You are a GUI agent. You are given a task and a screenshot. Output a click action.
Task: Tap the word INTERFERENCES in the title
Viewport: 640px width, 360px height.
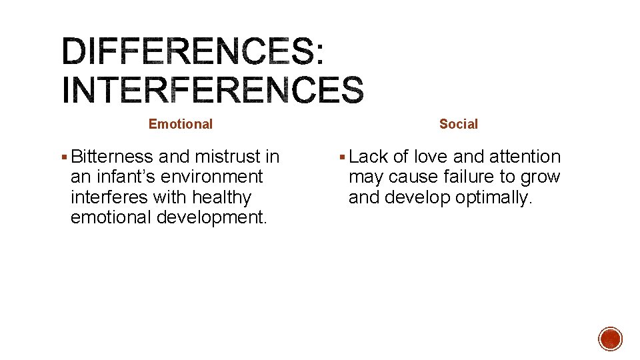(x=213, y=90)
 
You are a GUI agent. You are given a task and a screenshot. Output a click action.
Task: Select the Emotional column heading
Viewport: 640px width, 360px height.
(x=181, y=124)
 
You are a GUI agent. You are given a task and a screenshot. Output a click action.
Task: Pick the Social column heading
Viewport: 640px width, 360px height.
(x=459, y=124)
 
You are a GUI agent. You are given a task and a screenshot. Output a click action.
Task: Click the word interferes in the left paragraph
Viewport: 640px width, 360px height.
(x=109, y=198)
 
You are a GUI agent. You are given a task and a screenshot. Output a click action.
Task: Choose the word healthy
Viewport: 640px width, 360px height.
(x=217, y=198)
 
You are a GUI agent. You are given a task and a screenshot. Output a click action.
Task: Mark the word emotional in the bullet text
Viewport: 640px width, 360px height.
(x=111, y=218)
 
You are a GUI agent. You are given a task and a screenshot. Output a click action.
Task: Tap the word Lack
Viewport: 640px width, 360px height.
(x=369, y=157)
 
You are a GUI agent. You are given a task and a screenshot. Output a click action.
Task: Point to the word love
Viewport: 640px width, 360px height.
(x=431, y=157)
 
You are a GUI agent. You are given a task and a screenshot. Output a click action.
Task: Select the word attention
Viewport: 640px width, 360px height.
(x=525, y=157)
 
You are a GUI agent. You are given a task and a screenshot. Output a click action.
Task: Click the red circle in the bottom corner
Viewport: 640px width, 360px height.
(x=610, y=339)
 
